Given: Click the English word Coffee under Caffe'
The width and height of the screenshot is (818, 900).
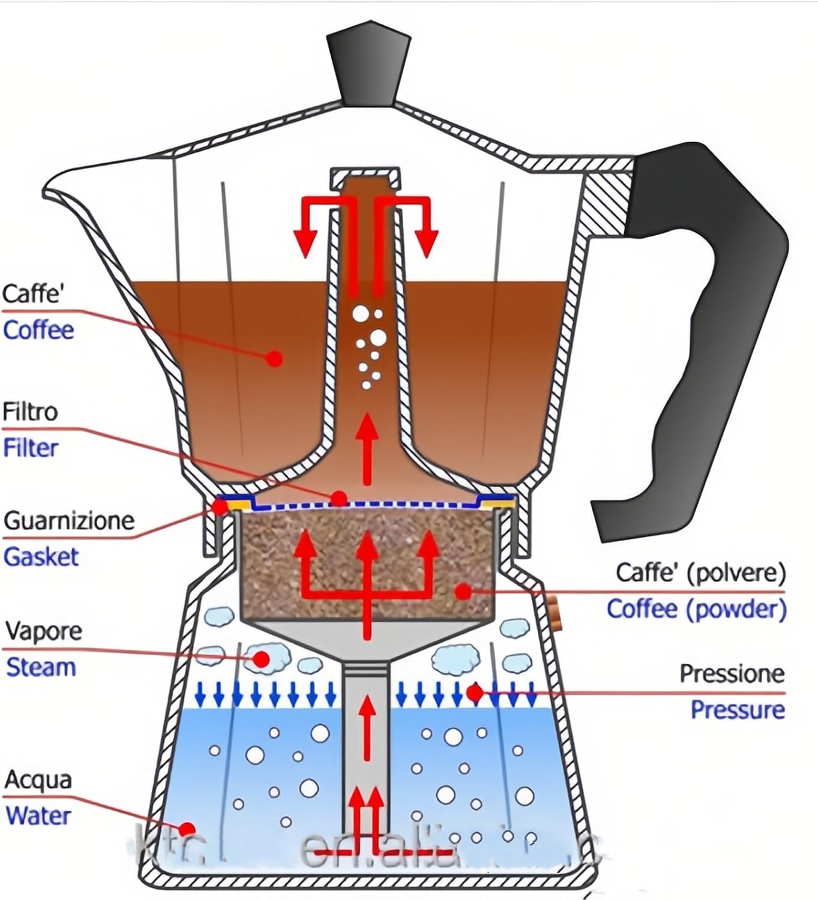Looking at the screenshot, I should click(38, 330).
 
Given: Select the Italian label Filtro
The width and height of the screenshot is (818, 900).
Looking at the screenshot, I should click(30, 412).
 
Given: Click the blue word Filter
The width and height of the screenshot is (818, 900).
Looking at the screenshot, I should click(31, 448).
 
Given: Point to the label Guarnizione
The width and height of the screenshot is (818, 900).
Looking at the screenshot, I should click(68, 520).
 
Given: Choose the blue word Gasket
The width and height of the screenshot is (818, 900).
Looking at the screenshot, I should click(41, 557).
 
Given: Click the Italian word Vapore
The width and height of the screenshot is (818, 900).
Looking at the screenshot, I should click(43, 631).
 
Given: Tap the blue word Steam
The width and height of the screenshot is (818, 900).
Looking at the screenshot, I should click(41, 667).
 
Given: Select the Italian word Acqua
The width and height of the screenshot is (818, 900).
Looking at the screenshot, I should click(38, 779).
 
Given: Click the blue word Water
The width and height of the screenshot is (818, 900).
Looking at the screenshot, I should click(38, 816).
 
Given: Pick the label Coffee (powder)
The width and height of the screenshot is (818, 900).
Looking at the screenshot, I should click(696, 609).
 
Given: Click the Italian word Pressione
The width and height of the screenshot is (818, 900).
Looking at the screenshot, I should click(732, 673).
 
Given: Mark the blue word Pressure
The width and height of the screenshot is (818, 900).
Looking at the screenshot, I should click(738, 710).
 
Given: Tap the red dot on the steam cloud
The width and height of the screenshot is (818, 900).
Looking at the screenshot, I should click(261, 659).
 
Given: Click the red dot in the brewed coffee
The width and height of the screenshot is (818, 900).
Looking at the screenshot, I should click(274, 359).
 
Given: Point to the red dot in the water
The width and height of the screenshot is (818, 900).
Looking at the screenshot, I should click(187, 827).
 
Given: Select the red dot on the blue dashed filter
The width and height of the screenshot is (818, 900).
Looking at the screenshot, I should click(339, 498).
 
